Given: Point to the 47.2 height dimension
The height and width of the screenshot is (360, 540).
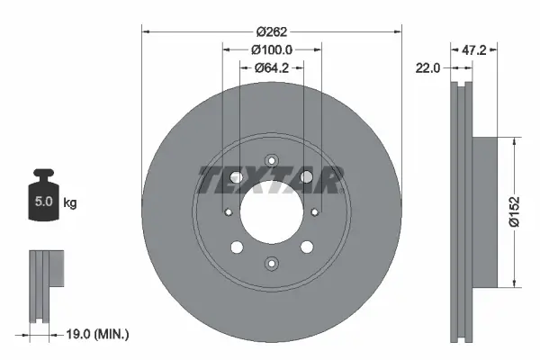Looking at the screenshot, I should (x=473, y=50).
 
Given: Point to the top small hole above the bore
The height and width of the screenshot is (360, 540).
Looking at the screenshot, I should (x=270, y=162).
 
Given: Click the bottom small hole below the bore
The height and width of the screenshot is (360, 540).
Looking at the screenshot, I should (x=270, y=263).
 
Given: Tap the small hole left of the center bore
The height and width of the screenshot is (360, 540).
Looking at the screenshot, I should (x=228, y=212).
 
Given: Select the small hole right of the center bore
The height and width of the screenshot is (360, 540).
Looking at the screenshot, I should (x=312, y=212).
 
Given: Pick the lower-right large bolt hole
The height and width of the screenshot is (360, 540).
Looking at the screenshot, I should (x=304, y=247).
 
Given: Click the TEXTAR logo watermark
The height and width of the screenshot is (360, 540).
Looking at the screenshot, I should (x=270, y=180).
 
